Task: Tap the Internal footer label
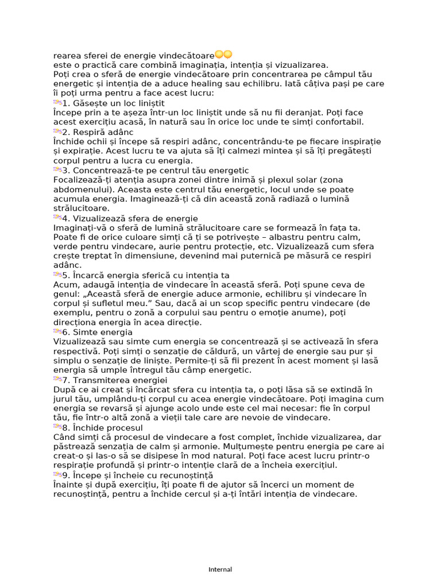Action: [220, 570]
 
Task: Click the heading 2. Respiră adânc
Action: [98, 132]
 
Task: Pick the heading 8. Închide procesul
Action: [103, 428]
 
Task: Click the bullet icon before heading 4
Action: [57, 218]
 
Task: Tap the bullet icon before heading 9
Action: [57, 475]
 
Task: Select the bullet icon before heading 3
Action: [57, 170]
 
